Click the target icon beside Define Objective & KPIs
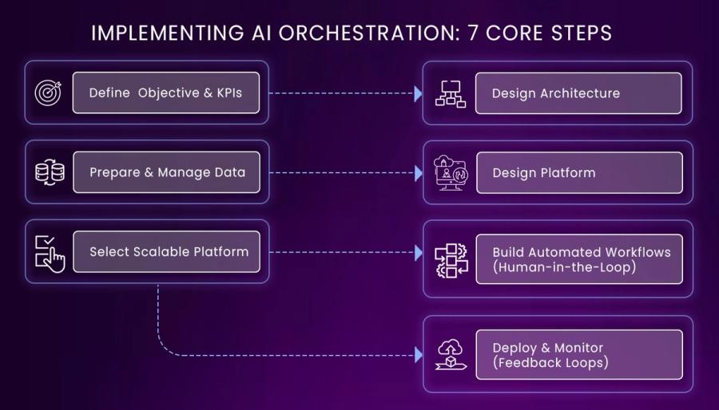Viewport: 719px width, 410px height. pyautogui.click(x=48, y=93)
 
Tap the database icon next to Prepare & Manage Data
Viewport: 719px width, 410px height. pyautogui.click(x=48, y=172)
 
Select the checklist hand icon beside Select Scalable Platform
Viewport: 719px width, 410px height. pyautogui.click(x=49, y=252)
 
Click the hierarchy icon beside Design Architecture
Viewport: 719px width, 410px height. pyautogui.click(x=450, y=93)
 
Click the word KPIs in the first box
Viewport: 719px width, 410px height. pyautogui.click(x=228, y=93)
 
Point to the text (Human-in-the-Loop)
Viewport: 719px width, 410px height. pyautogui.click(x=564, y=267)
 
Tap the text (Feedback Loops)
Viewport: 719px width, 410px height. pyautogui.click(x=550, y=362)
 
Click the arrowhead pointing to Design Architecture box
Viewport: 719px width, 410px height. pyautogui.click(x=418, y=93)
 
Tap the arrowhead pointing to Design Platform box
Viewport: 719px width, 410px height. pyautogui.click(x=418, y=173)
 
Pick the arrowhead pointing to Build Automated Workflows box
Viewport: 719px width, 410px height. pyautogui.click(x=418, y=253)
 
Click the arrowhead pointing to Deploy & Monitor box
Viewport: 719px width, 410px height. pyautogui.click(x=418, y=354)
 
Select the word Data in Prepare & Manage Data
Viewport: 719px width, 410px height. pyautogui.click(x=230, y=172)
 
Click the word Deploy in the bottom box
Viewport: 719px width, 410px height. pyautogui.click(x=514, y=348)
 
